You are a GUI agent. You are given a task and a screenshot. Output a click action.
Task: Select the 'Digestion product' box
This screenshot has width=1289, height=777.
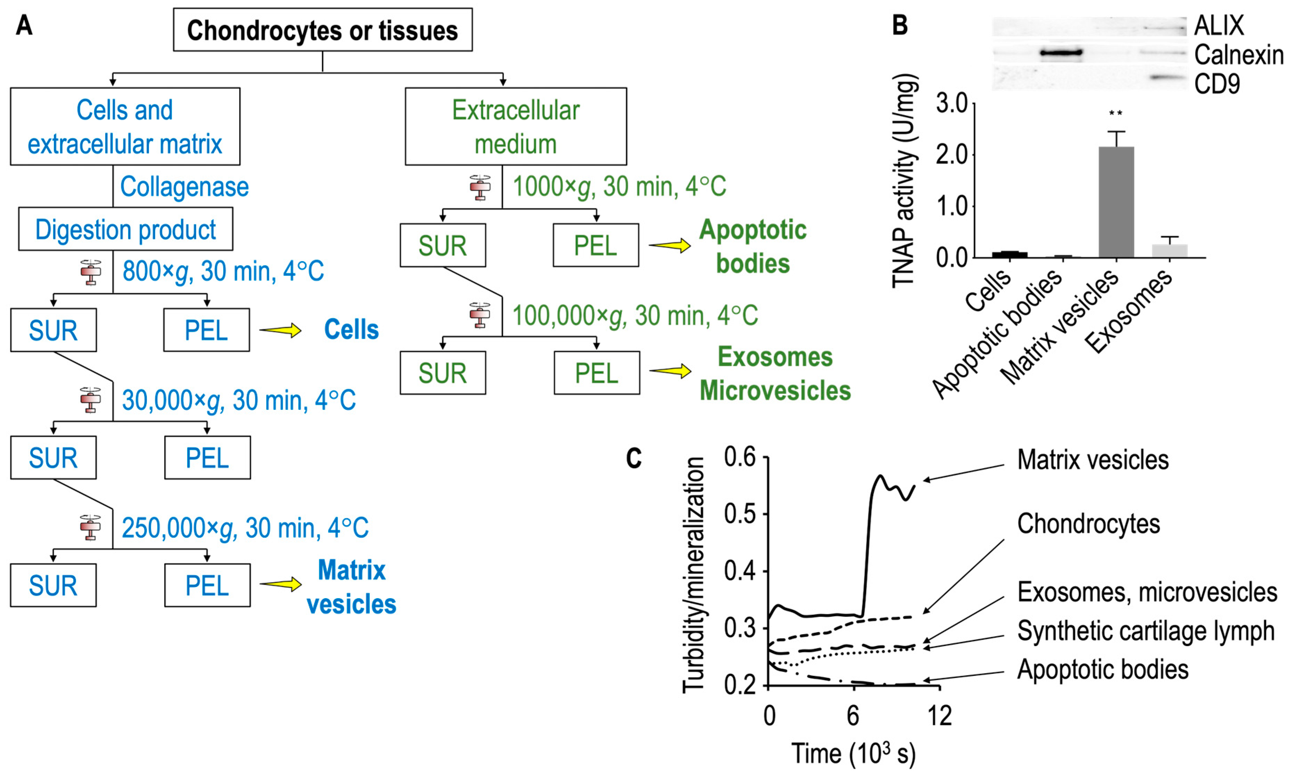(126, 229)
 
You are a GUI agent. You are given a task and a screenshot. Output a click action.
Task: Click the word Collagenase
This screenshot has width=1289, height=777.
(184, 187)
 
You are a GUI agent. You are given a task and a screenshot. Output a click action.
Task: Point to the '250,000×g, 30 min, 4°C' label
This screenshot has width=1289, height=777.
(245, 528)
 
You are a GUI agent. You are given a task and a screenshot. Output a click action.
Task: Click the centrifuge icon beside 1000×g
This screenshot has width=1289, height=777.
(480, 187)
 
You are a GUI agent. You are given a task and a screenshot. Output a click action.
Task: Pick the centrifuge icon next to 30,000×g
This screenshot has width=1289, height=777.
(91, 400)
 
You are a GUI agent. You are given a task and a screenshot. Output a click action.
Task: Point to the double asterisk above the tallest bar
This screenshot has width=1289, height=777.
(1115, 113)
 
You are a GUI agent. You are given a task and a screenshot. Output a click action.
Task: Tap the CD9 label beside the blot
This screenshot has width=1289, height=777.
(1217, 84)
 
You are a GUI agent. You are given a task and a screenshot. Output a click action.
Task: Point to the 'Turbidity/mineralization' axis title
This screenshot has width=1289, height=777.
(694, 575)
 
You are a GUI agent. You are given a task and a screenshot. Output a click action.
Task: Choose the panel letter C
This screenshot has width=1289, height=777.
(634, 458)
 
